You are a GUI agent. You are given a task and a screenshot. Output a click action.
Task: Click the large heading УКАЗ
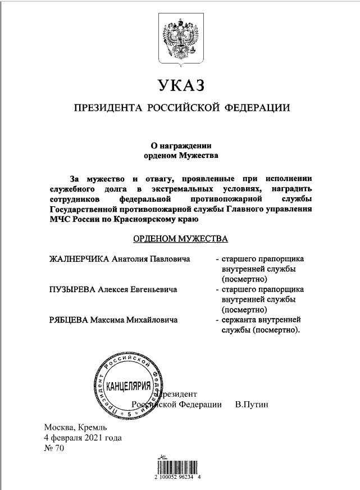[x=179, y=86]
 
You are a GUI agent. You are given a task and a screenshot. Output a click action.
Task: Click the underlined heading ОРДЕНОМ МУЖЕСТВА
[x=180, y=239]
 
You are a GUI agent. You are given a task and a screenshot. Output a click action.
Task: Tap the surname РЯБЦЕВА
[x=69, y=319]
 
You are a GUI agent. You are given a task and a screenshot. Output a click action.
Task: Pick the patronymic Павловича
[x=171, y=260]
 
